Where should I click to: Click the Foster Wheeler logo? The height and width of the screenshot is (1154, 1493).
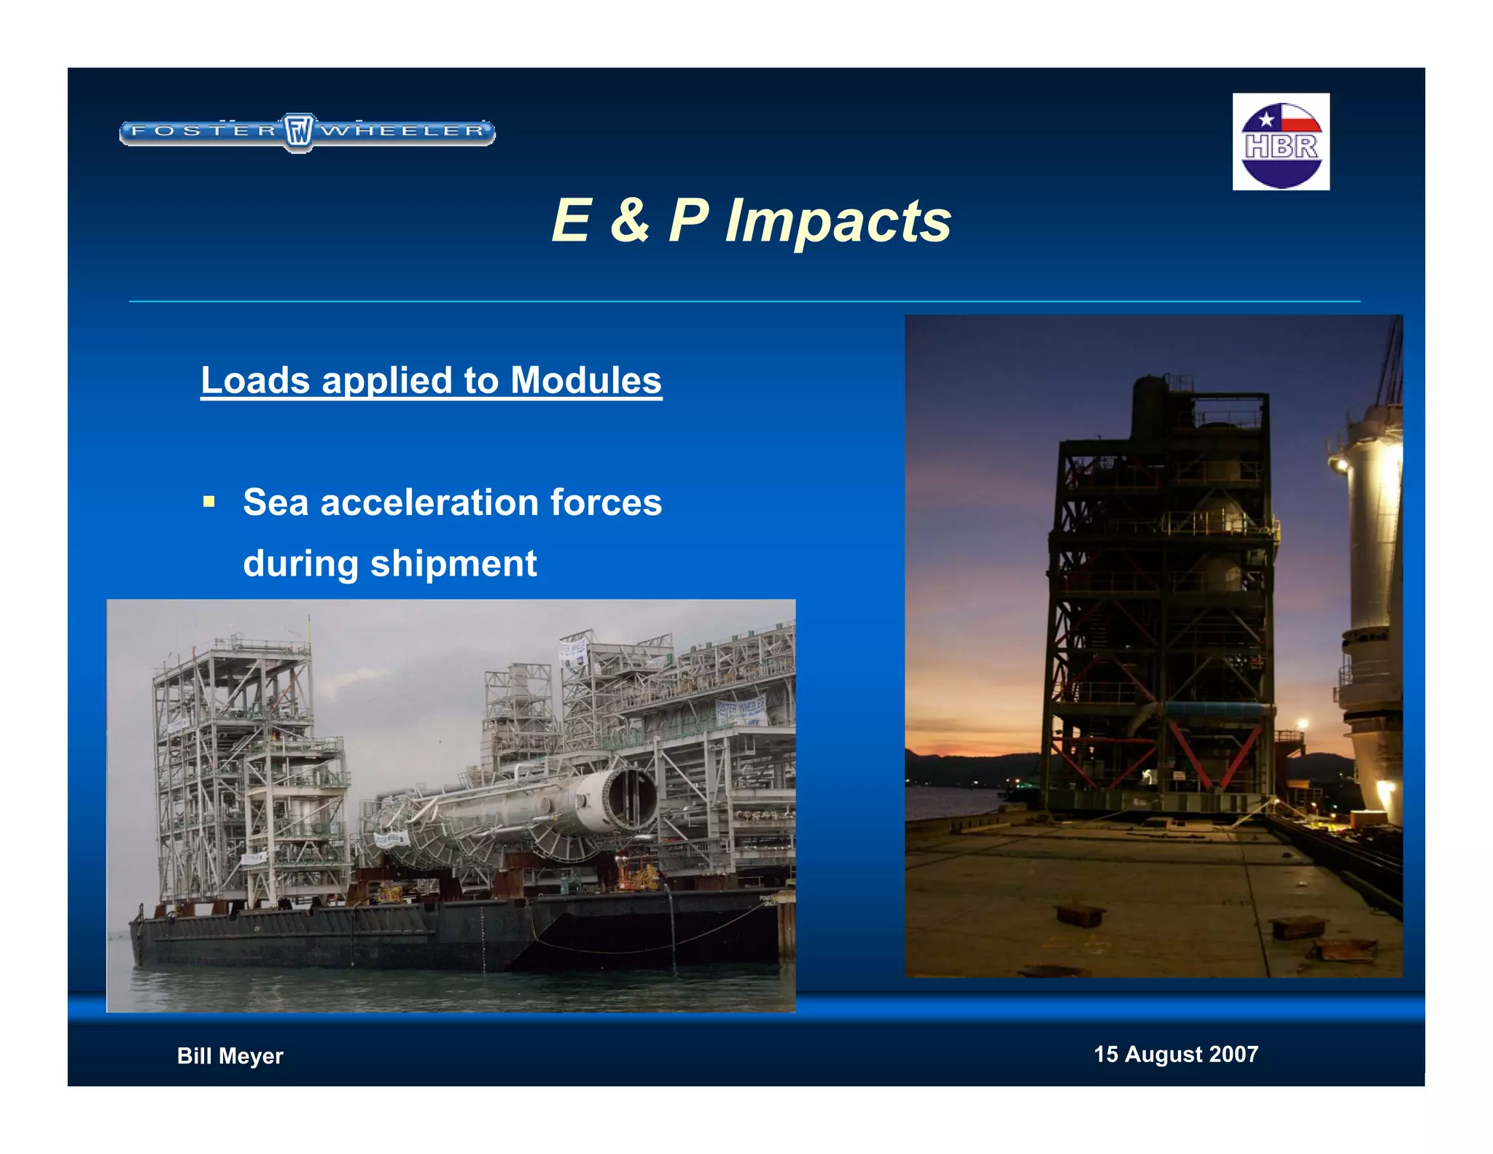[307, 132]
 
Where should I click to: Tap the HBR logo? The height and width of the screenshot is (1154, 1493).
[1281, 142]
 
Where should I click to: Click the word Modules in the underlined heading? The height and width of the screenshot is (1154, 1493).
[585, 381]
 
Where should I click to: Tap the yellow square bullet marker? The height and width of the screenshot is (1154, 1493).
[209, 502]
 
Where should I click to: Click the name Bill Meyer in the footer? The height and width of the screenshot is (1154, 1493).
[230, 1056]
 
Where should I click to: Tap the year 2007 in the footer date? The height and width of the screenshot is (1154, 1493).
[1233, 1054]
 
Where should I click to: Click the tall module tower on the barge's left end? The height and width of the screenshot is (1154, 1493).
[233, 759]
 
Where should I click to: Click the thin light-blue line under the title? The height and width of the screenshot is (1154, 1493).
[744, 301]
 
